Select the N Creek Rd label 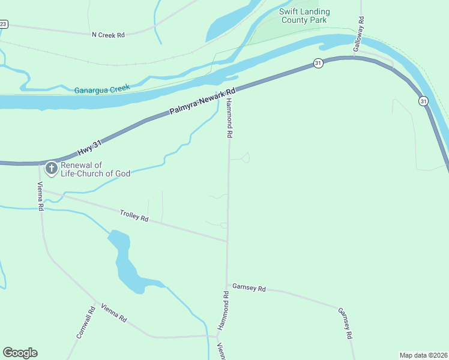click(107, 35)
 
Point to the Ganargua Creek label click(102, 89)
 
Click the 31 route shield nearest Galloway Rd click(318, 63)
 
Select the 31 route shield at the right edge click(424, 101)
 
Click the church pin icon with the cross click(51, 169)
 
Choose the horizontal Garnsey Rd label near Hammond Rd click(249, 288)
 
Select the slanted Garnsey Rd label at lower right click(345, 324)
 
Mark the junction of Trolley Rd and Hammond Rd click(228, 242)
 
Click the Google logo click(20, 353)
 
